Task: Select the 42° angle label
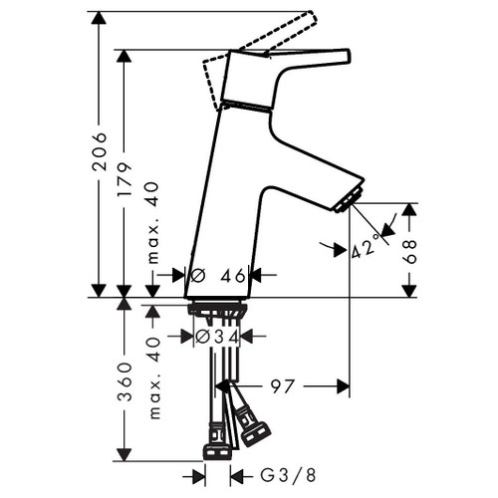coord(365,247)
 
